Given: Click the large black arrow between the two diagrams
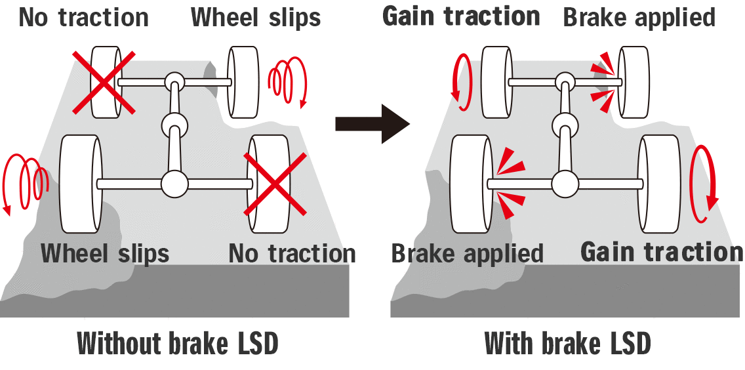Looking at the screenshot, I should (x=371, y=123).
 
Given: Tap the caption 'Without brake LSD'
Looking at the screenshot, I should (x=178, y=344).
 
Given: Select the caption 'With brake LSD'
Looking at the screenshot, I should (x=568, y=344).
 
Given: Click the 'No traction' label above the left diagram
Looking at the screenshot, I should (x=84, y=18).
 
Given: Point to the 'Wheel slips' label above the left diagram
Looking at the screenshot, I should (x=256, y=18).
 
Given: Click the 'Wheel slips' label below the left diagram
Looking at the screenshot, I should (x=105, y=253).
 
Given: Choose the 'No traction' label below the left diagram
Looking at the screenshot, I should (x=292, y=253).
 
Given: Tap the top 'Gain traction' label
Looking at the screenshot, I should (x=461, y=16).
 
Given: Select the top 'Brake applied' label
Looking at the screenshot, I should (x=639, y=18).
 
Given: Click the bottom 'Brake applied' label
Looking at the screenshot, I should (x=468, y=253).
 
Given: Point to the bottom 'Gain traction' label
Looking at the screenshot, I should (x=662, y=252).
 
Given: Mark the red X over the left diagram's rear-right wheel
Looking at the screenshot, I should (x=275, y=184).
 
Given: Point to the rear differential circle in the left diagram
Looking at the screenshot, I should (x=174, y=184).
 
